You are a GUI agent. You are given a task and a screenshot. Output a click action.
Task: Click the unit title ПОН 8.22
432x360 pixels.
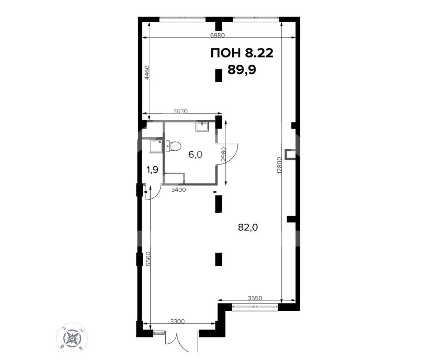pyautogui.click(x=242, y=53)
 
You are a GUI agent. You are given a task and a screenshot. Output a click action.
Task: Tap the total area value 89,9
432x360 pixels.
pyautogui.click(x=242, y=69)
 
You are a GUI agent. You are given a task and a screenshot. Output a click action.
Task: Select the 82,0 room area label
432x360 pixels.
pyautogui.click(x=248, y=227)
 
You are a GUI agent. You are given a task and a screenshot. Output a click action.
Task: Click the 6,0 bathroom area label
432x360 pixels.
pyautogui.click(x=195, y=155)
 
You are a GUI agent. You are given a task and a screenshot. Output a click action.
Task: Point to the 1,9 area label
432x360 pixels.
pyautogui.click(x=152, y=170)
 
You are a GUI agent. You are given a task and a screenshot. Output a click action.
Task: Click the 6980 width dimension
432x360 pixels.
pyautogui.click(x=218, y=35)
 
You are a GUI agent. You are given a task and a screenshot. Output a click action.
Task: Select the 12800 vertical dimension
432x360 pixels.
pyautogui.click(x=280, y=165)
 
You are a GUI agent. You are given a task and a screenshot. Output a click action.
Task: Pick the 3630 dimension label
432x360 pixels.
pyautogui.click(x=180, y=111)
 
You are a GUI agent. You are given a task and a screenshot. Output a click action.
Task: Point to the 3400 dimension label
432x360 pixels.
pyautogui.click(x=178, y=189)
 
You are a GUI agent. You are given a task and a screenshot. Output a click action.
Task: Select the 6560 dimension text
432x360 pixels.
pyautogui.click(x=149, y=259)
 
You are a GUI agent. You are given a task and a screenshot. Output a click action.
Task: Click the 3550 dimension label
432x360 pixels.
pyautogui.click(x=255, y=298)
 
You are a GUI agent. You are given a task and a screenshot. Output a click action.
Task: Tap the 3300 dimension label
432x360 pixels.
pyautogui.click(x=177, y=321)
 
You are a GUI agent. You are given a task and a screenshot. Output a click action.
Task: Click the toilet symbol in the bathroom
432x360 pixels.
pyautogui.click(x=174, y=146)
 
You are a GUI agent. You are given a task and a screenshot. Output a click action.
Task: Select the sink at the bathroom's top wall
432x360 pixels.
pyautogui.click(x=202, y=126)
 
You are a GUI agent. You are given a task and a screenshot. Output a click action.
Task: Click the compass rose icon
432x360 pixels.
pyautogui.click(x=72, y=337)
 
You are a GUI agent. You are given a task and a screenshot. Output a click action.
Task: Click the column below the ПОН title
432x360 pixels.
pyautogui.click(x=219, y=75)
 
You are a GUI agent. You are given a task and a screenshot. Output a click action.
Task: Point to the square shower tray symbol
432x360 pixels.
pyautogui.click(x=155, y=146)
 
